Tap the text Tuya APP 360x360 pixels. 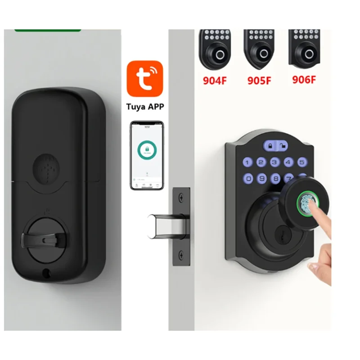point(144,107)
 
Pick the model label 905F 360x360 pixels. point(259,81)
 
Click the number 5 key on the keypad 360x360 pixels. point(301,162)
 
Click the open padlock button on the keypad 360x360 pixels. point(283,146)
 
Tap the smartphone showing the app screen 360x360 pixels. point(147,155)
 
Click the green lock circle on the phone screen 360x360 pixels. point(147,149)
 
